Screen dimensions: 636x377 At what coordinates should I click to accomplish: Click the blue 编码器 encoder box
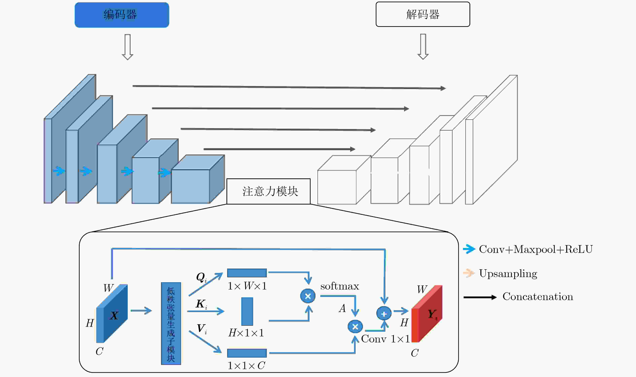122,15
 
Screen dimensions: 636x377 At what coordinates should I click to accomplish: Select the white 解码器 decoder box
423,14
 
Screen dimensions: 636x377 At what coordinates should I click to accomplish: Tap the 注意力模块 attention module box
268,191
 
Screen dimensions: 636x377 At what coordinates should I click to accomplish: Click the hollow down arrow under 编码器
128,47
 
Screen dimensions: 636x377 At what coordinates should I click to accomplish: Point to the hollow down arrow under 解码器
423,47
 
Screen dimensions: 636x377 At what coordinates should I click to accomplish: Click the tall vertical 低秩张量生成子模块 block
171,323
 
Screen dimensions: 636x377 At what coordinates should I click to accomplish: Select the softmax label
340,286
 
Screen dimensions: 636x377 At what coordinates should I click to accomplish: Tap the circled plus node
384,313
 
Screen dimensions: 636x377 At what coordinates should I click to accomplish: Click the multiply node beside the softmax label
308,296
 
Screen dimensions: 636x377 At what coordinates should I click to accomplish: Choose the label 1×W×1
247,286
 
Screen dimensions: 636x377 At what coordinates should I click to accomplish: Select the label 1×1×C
246,366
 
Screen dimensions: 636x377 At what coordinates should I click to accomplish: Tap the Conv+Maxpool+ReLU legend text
536,249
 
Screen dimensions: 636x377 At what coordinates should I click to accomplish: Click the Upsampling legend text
508,274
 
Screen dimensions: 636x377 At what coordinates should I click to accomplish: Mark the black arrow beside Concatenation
480,297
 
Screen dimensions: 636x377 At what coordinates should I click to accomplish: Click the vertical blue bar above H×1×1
247,311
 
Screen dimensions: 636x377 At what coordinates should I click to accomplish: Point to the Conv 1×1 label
385,339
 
